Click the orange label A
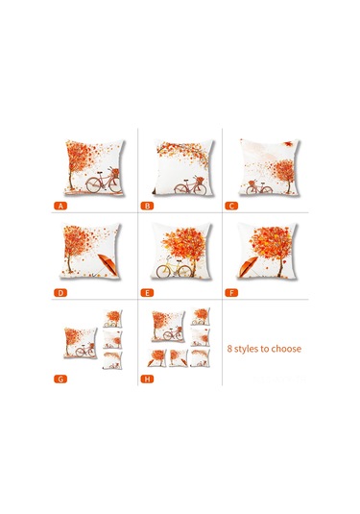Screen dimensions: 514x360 [60, 206]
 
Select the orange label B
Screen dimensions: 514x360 [148, 206]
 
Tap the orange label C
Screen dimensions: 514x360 [232, 206]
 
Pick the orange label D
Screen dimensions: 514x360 [60, 292]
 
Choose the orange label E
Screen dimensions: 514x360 [148, 292]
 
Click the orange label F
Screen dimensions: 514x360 [232, 292]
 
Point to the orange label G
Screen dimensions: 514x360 [60, 379]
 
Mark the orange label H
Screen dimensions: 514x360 [148, 379]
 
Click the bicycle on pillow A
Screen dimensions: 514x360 [105, 182]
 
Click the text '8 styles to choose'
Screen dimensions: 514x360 [264, 349]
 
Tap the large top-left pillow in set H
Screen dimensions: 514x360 [167, 327]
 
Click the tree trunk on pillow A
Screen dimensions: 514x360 [77, 179]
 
